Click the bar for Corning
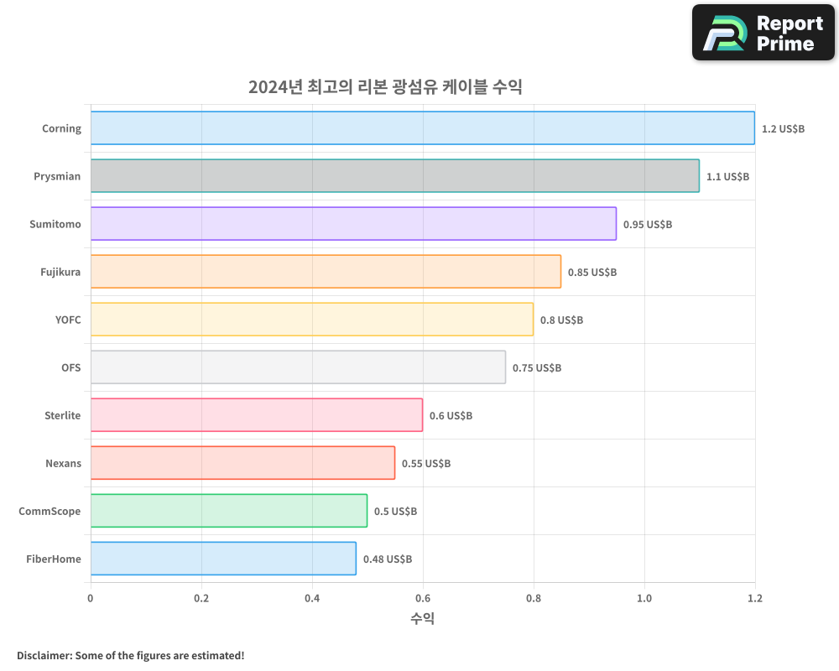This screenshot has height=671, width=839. [x=422, y=128]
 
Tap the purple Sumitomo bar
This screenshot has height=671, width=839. [x=353, y=224]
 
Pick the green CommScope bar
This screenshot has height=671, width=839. [x=228, y=511]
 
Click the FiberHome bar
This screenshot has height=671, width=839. [x=223, y=559]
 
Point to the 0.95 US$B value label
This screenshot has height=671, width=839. [x=648, y=224]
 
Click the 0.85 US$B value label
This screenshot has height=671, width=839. [x=592, y=272]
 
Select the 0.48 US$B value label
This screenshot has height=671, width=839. [x=388, y=559]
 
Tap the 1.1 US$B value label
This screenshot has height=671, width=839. [x=727, y=176]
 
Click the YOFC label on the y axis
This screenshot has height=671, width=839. [x=67, y=320]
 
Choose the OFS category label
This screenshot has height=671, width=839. [x=71, y=367]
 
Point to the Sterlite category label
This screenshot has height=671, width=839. [x=63, y=415]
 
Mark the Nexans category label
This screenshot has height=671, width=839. [x=64, y=463]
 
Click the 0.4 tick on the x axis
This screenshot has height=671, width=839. [x=312, y=598]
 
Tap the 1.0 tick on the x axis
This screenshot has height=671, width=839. [x=644, y=598]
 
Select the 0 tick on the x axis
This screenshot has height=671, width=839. [x=91, y=598]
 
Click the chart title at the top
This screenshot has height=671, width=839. [x=385, y=86]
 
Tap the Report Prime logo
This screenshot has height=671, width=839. [x=763, y=33]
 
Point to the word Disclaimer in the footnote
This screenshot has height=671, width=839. [x=44, y=655]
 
